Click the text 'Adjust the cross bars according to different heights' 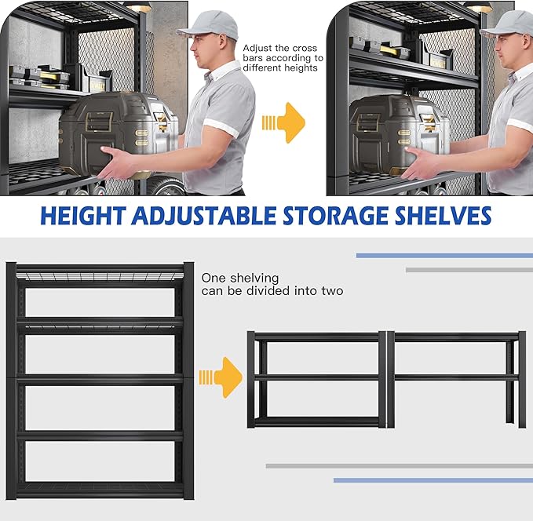[283, 58]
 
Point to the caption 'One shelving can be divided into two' [272, 284]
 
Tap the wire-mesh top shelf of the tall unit [100, 275]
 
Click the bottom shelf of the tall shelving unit [100, 488]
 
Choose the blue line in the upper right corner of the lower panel [444, 255]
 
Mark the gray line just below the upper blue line [469, 270]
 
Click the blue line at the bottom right [433, 480]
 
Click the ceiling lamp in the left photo [138, 7]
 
